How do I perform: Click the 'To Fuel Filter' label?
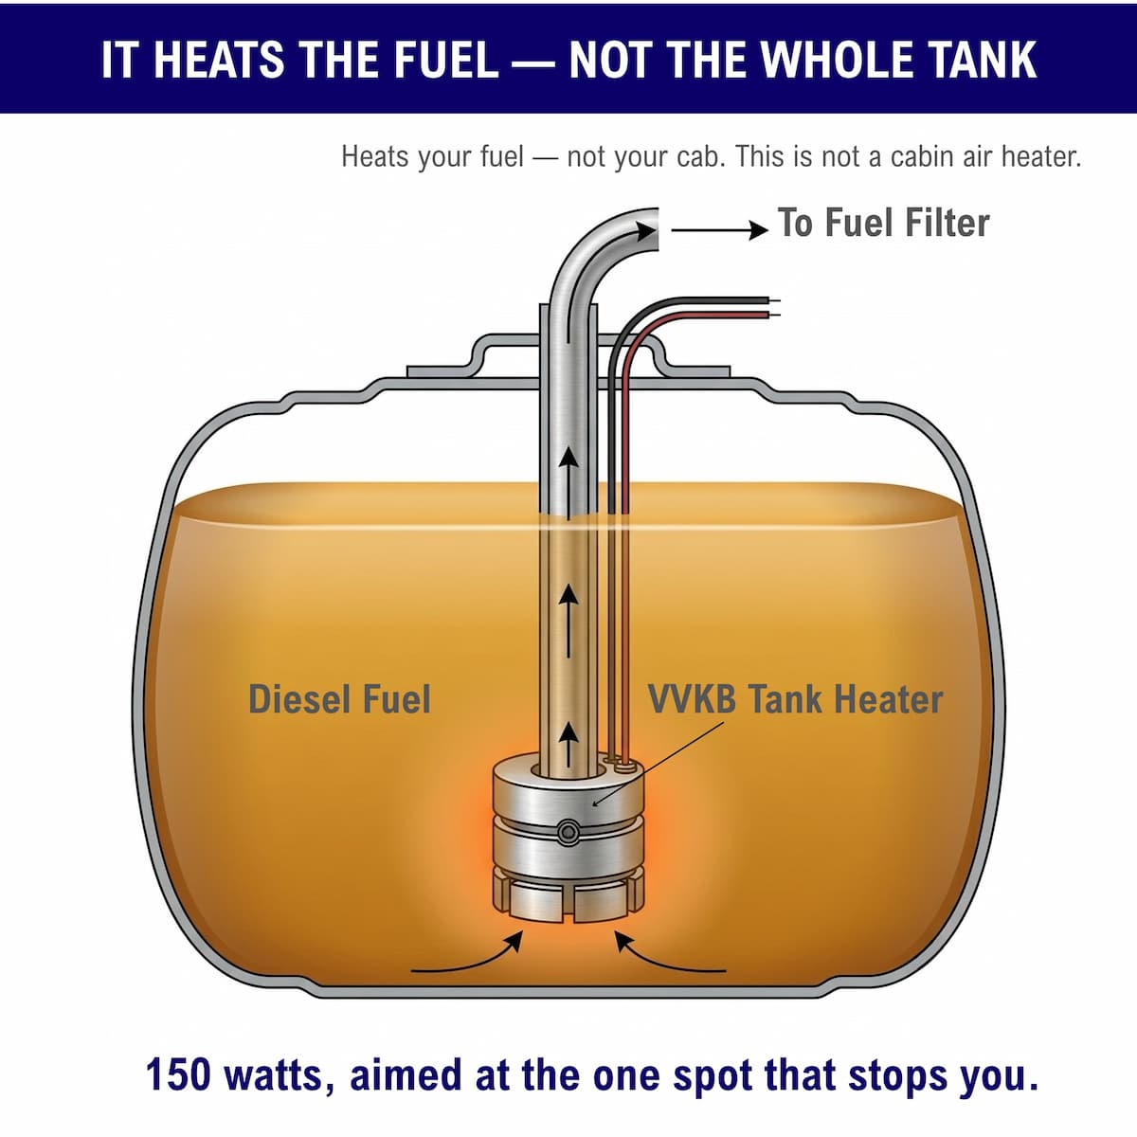pos(883,223)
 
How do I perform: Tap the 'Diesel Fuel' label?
pos(340,699)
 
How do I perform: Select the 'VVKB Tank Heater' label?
pos(795,699)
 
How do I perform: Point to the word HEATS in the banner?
pos(219,60)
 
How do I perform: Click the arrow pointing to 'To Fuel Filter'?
pos(719,230)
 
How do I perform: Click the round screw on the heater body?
pos(568,832)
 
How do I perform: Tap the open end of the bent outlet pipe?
pos(656,229)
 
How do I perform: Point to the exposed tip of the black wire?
pos(774,300)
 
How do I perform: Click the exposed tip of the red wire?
pos(774,315)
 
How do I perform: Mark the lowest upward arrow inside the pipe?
pos(568,745)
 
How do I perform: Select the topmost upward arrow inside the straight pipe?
pos(568,481)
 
